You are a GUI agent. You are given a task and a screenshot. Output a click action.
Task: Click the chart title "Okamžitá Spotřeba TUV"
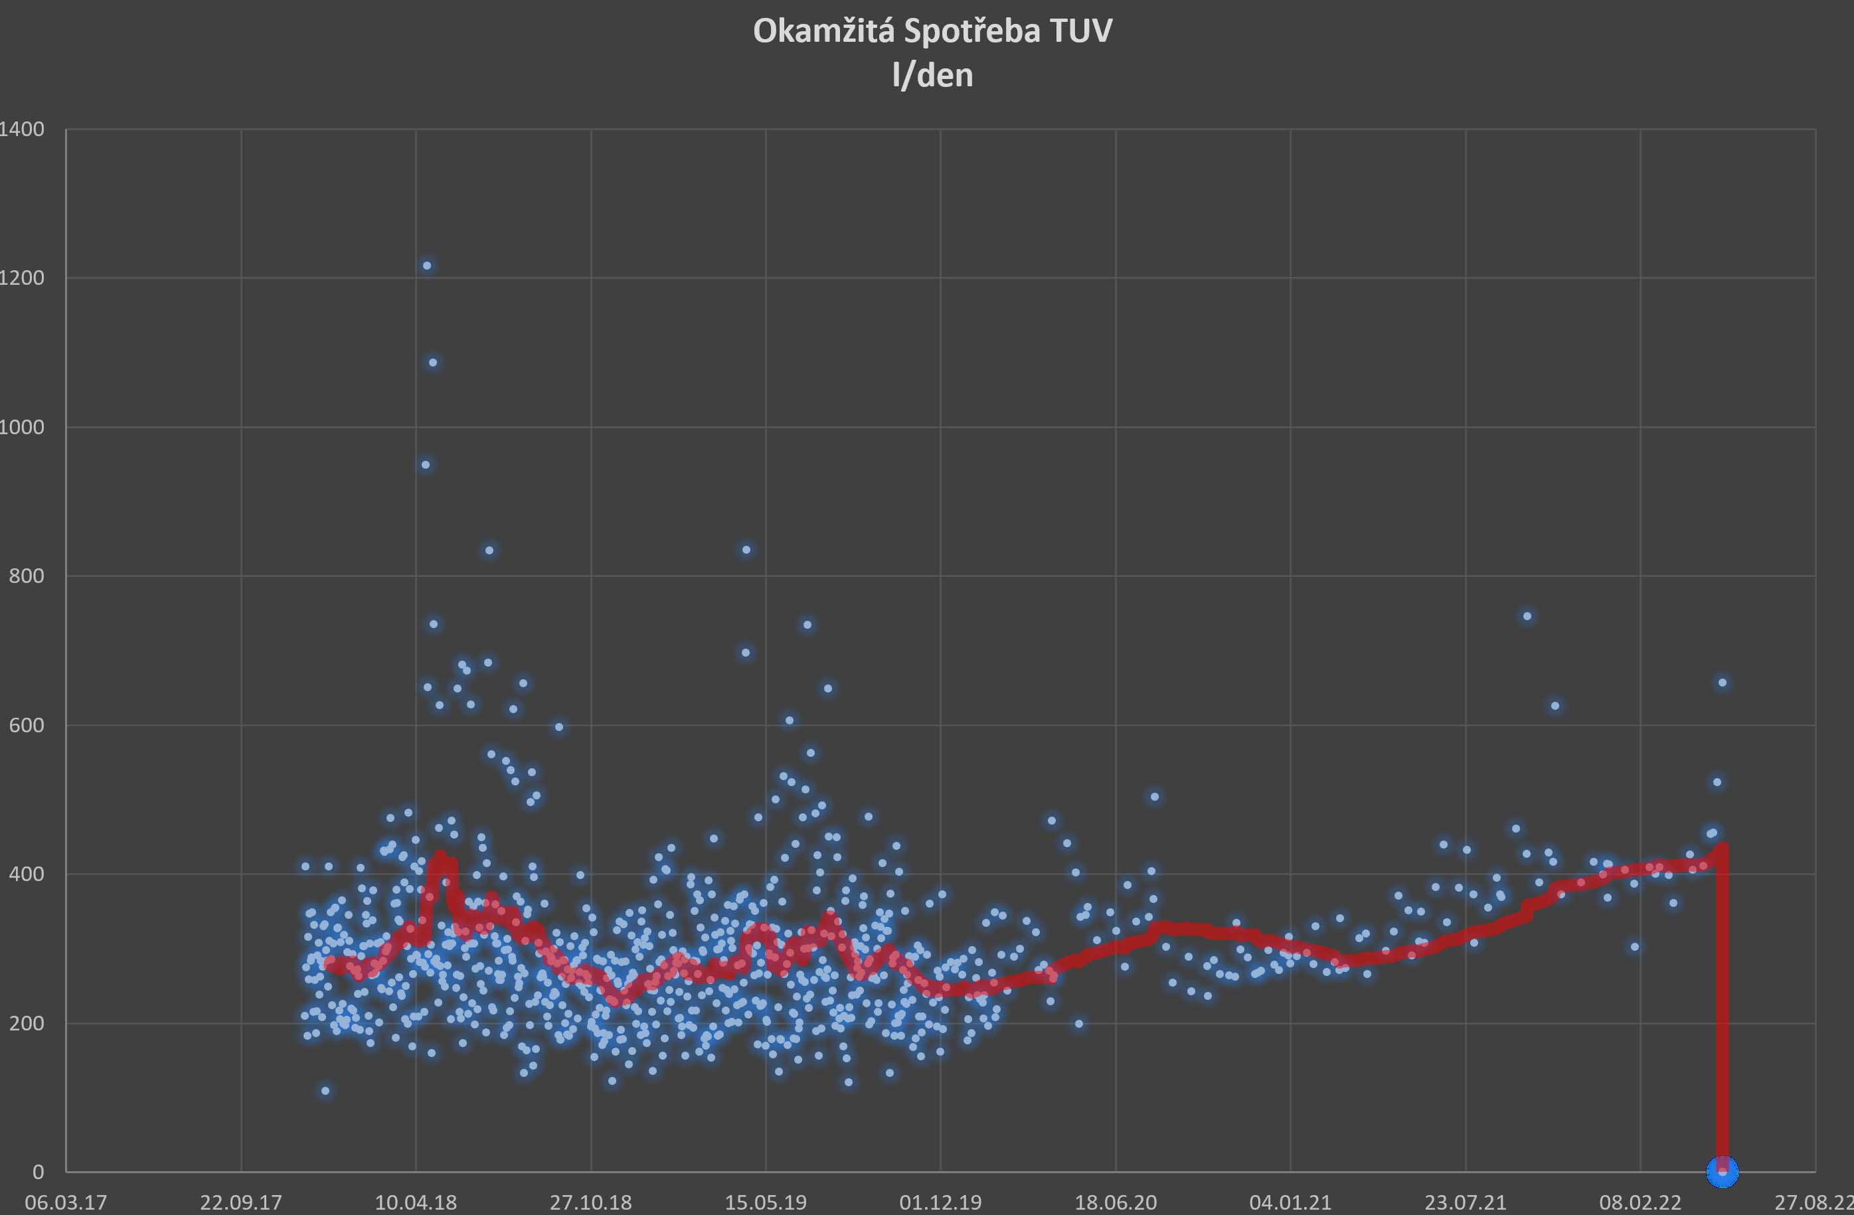point(932,31)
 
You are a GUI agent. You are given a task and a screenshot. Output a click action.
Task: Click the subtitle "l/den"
point(932,76)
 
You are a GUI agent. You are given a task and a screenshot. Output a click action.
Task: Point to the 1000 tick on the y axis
point(23,427)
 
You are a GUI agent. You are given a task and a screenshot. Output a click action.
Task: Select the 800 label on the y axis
point(27,576)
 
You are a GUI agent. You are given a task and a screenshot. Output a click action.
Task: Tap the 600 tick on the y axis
point(27,725)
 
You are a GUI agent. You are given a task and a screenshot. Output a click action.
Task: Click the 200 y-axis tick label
point(27,1022)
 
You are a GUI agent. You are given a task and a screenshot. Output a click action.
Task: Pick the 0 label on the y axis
point(37,1171)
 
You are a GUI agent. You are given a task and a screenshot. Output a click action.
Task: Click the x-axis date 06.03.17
point(66,1202)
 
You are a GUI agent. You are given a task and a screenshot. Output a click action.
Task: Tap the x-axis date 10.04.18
point(416,1202)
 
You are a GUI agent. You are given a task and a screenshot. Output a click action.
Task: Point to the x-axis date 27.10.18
point(590,1202)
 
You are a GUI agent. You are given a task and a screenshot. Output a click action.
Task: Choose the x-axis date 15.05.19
point(766,1202)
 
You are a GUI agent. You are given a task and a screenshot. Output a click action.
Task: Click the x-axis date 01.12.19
point(940,1202)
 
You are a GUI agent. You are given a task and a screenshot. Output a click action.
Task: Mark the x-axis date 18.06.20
point(1116,1202)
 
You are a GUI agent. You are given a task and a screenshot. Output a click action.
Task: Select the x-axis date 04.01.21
point(1290,1202)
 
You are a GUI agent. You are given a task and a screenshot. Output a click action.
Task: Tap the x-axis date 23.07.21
point(1466,1202)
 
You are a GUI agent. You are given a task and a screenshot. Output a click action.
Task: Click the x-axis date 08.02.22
point(1640,1202)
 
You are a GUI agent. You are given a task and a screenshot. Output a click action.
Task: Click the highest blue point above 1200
point(427,266)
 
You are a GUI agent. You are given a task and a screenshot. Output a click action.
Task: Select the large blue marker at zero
point(1723,1171)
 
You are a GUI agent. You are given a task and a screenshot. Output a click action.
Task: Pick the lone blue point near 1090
point(433,363)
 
